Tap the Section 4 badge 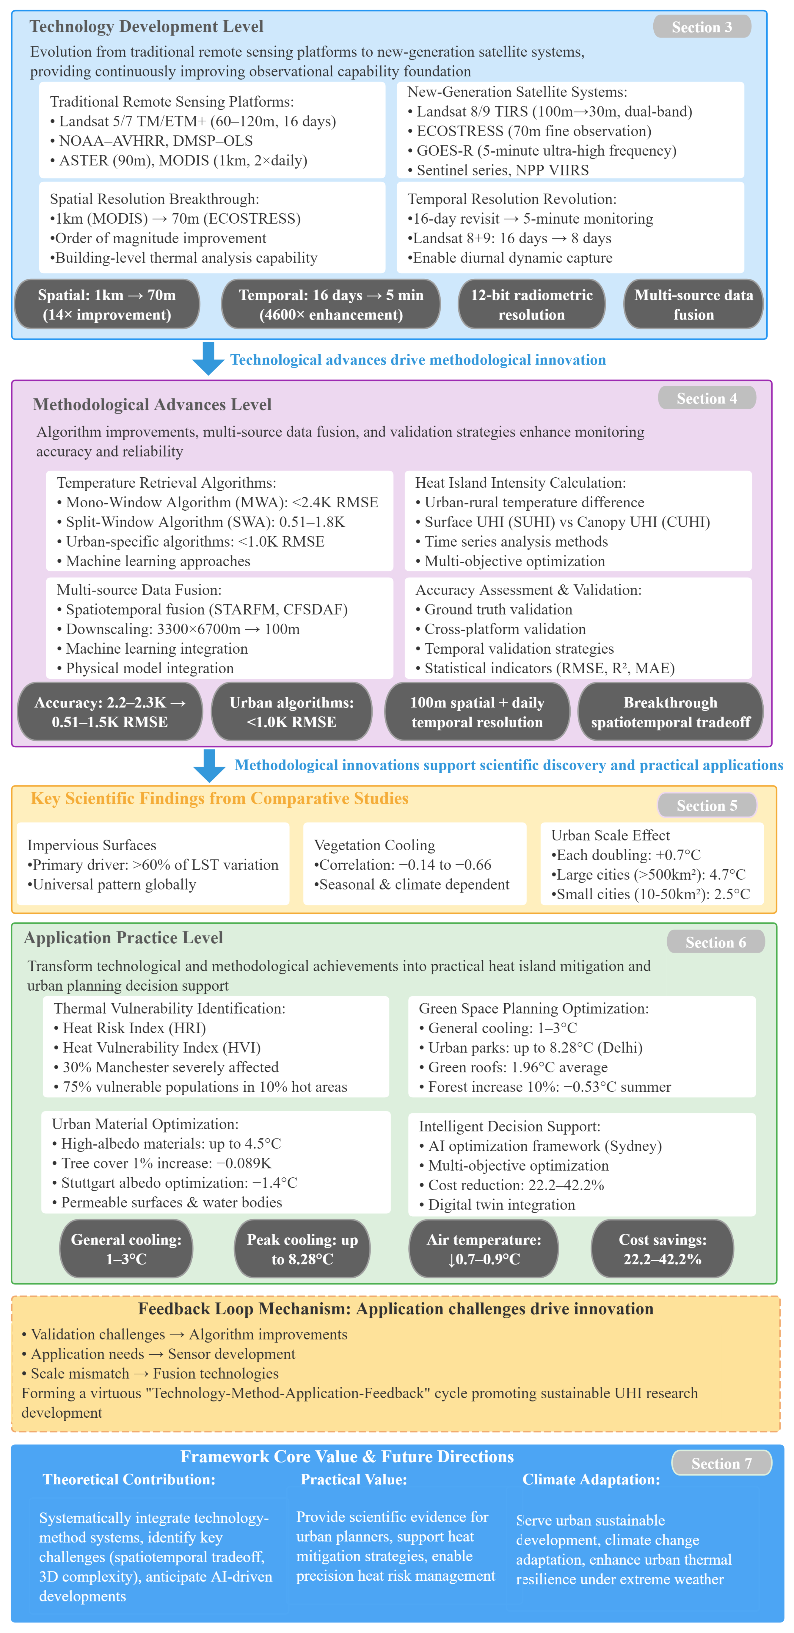tap(707, 398)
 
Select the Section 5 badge tap(707, 805)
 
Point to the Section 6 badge tap(715, 942)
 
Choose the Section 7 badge tap(721, 1463)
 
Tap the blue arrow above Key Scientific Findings tap(209, 765)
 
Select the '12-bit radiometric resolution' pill tap(531, 304)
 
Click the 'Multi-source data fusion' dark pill tap(693, 304)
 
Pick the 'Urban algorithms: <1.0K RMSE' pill tap(291, 712)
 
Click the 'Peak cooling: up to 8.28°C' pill tap(302, 1249)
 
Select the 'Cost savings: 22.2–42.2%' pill tap(662, 1249)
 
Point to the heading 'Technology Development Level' tap(146, 27)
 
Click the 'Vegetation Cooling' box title tap(374, 845)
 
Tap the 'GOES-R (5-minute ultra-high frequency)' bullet tap(546, 151)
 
